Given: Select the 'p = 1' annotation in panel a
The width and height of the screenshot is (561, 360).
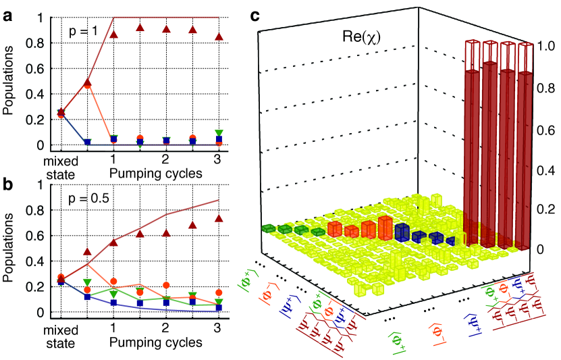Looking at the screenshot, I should (x=84, y=32).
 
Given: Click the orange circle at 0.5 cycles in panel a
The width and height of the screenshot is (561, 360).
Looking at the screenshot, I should (x=87, y=85).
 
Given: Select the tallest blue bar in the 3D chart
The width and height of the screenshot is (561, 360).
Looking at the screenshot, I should (x=402, y=232).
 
